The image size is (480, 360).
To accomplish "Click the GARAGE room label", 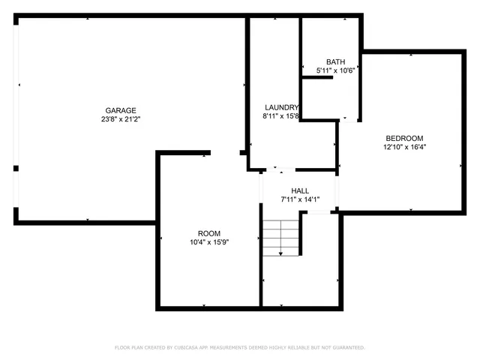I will pos(120,110).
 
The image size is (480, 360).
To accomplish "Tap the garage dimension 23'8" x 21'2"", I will pos(120,119).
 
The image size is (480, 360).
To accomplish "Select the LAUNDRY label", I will pos(282,107).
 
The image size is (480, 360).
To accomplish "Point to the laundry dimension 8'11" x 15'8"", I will pos(281,116).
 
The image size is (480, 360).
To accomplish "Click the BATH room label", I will pos(334,61).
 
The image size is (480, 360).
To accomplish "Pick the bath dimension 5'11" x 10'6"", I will pos(334,70).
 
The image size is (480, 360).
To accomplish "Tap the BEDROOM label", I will pos(404,138).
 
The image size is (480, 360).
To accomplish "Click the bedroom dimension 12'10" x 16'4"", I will pos(404,147).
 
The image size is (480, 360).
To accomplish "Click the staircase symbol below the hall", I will pos(280,237).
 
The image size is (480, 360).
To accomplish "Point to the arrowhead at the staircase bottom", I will pos(280,254).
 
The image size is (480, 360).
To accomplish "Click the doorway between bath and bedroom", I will pos(349,120).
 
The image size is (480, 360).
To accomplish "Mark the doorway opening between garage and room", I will pos(225,153).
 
